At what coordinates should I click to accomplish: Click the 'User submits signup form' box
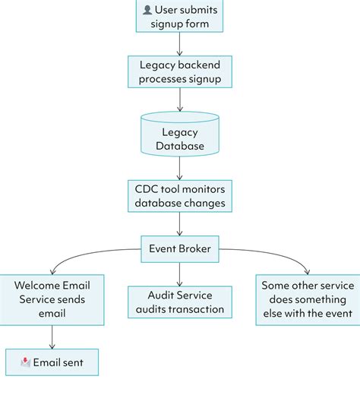point(179,16)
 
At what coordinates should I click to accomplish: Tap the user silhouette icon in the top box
point(147,9)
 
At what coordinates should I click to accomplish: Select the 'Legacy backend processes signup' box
point(179,72)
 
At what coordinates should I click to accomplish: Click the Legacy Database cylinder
point(179,134)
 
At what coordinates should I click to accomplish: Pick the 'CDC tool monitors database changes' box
point(179,194)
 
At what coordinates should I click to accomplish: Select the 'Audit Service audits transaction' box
point(179,302)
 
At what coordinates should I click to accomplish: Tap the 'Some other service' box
point(307,299)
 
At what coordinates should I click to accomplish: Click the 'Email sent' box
point(52,362)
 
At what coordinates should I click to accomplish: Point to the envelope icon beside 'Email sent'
point(26,362)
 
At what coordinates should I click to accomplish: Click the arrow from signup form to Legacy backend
point(179,44)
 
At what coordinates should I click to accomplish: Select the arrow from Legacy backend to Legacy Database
point(179,100)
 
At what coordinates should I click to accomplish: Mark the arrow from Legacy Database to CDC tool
point(179,166)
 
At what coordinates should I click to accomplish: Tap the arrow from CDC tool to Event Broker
point(179,223)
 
